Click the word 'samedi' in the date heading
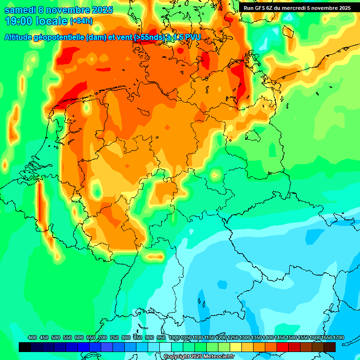tap(20, 10)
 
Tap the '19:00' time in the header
tap(19, 21)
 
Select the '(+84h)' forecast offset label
tap(81, 21)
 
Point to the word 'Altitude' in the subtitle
tap(19, 37)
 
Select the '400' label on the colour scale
tap(32, 337)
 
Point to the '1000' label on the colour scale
tap(174, 337)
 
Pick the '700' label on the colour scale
tap(103, 337)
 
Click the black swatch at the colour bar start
tap(25, 347)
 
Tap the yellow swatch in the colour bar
tap(236, 347)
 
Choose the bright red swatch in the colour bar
tap(283, 347)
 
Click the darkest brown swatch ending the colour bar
tap(330, 347)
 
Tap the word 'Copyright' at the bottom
tap(177, 357)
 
